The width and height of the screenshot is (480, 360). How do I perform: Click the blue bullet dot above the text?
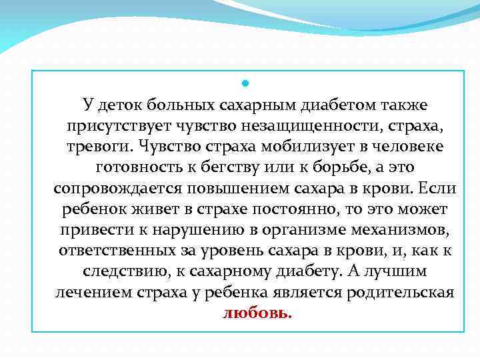click(x=245, y=84)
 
